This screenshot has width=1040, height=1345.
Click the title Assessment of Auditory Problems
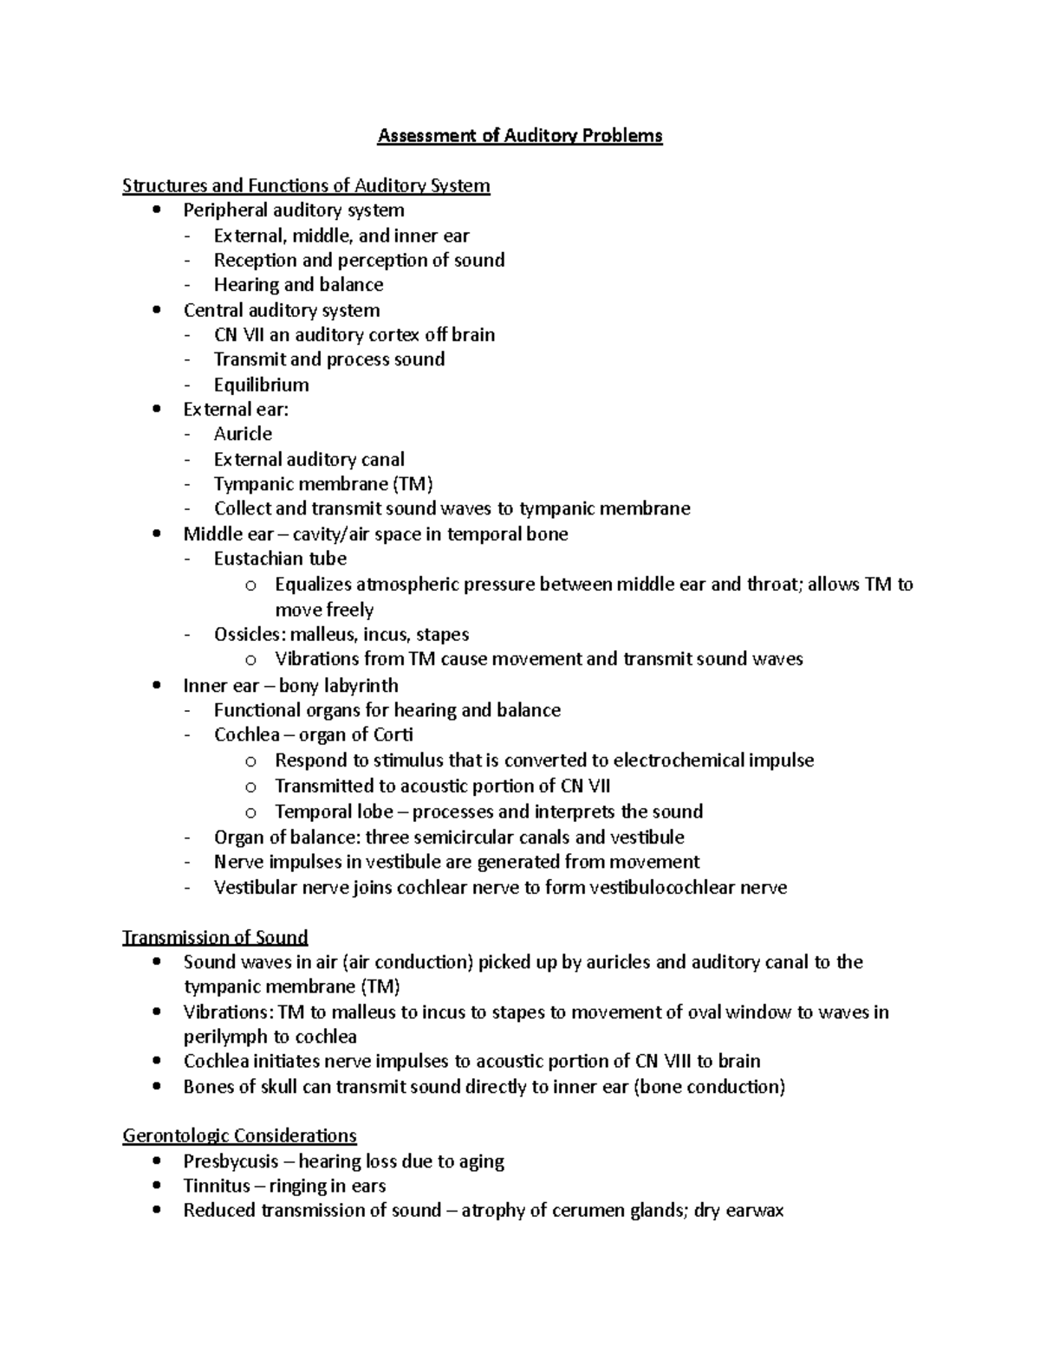pos(520,136)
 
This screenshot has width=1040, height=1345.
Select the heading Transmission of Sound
pos(215,937)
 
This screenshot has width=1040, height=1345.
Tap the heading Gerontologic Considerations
pos(239,1135)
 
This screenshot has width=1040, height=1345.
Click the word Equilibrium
pos(261,385)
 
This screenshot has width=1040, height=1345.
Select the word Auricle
pos(243,434)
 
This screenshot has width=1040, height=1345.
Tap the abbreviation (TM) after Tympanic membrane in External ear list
pos(413,484)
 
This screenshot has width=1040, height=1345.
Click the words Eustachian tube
pos(280,559)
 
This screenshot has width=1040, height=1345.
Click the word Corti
pos(393,735)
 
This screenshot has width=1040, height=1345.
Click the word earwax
pos(753,1211)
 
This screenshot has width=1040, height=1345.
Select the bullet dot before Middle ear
pos(156,534)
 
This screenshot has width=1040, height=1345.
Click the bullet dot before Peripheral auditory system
pos(156,210)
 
